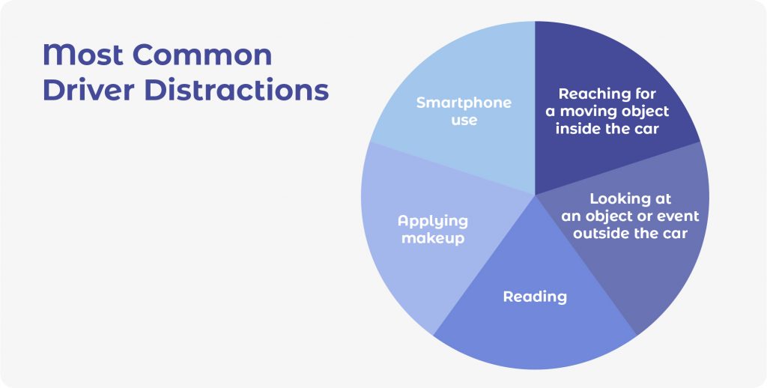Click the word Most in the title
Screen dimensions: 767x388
[x=82, y=55]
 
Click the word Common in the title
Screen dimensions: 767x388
[x=202, y=55]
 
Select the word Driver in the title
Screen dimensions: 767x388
[x=88, y=90]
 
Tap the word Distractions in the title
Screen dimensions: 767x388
[x=237, y=90]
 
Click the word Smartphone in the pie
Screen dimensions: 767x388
[x=464, y=103]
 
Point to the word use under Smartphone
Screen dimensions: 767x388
[x=464, y=120]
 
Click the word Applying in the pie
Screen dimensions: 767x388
[x=433, y=222]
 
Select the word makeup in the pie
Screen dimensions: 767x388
[x=433, y=238]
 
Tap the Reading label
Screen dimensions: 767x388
[x=535, y=297]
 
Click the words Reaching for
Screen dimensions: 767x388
[x=607, y=94]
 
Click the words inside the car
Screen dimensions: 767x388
[x=607, y=129]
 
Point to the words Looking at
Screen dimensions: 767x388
[x=630, y=198]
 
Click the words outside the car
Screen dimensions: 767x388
[x=630, y=234]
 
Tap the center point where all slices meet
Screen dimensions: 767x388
[x=535, y=195]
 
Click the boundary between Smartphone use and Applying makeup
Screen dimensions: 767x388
[x=452, y=169]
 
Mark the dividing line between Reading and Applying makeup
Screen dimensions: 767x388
[x=485, y=265]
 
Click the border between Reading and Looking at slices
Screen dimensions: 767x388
[x=586, y=265]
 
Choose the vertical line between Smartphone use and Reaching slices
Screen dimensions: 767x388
[x=535, y=108]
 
